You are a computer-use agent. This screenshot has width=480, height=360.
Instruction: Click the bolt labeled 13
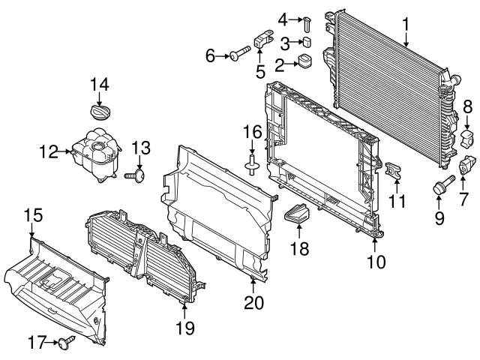point(137,175)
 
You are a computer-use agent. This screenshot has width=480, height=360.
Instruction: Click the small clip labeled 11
point(392,172)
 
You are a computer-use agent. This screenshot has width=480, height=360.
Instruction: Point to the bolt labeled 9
point(439,185)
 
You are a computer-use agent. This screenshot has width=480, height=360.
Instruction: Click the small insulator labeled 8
point(468,137)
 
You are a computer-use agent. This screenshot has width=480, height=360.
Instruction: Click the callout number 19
point(184,328)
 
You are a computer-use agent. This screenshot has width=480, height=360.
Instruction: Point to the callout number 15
point(31,215)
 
